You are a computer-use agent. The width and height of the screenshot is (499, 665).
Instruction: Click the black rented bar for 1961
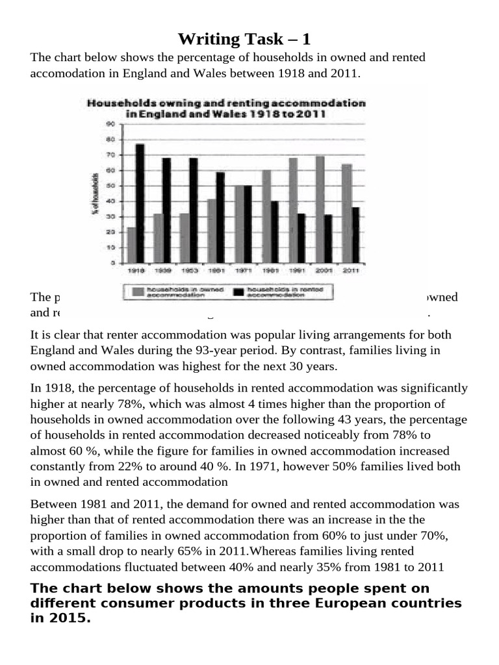tap(220, 217)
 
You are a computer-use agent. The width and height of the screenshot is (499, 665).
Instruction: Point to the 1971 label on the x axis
tap(243, 270)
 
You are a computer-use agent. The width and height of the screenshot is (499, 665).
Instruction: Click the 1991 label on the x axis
tap(297, 270)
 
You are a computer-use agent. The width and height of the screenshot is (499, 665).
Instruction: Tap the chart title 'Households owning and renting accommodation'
tap(225, 103)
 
